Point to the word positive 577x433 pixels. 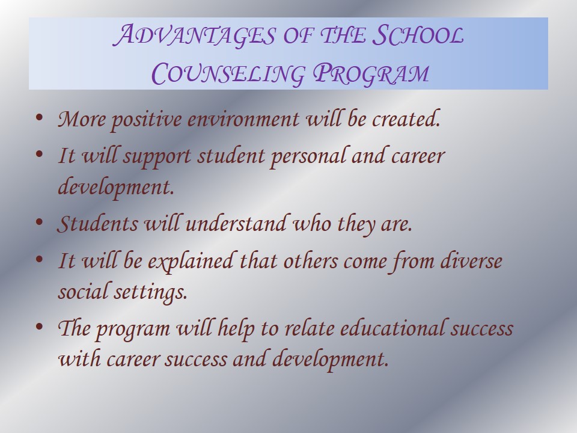click(140, 120)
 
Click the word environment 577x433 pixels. click(243, 120)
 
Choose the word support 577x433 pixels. click(158, 157)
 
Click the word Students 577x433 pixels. click(97, 224)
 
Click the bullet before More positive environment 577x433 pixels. click(39, 118)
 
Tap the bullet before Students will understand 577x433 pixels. click(39, 222)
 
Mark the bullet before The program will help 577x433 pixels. click(39, 327)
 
